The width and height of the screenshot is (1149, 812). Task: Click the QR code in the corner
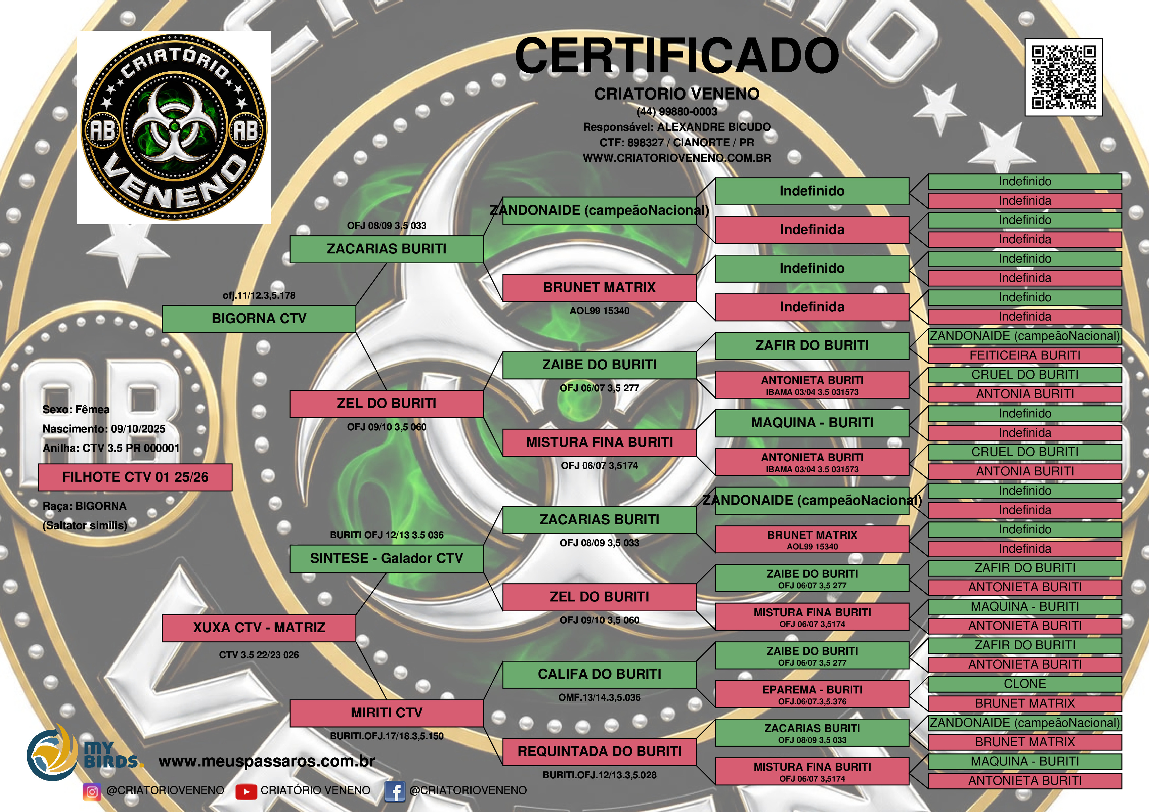1064,77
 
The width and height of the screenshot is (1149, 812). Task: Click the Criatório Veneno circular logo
174,127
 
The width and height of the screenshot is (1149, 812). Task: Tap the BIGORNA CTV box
259,319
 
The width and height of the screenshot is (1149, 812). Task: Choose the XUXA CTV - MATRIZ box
259,628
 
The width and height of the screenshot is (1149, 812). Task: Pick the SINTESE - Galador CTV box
386,558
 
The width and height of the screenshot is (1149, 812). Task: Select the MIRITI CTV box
386,713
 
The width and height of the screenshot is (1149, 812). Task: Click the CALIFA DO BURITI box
599,674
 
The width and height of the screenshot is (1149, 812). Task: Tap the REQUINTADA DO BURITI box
599,751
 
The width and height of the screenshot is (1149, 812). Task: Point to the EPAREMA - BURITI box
812,694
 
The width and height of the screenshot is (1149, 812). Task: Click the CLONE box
1025,684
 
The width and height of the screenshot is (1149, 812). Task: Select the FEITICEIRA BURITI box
1025,355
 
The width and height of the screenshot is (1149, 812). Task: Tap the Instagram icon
92,791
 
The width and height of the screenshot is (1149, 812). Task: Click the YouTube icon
246,791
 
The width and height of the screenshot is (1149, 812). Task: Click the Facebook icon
394,791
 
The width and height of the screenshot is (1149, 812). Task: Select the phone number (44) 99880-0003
677,112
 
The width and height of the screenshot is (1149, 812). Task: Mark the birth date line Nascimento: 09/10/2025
104,429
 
